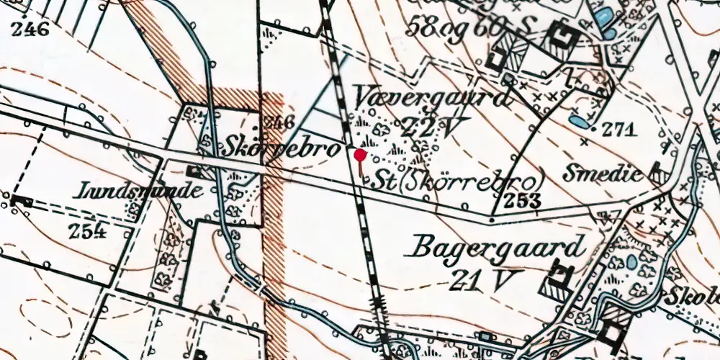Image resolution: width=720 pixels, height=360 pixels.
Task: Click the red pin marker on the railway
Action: point(359,154)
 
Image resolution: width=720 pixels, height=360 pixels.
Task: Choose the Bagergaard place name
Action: point(497,248)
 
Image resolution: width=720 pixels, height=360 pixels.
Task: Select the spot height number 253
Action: point(523,201)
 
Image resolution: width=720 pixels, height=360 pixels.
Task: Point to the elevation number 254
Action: point(88,231)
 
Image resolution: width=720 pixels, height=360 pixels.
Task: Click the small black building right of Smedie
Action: point(657,173)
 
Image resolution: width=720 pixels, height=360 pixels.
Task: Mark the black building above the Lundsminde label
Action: point(192,171)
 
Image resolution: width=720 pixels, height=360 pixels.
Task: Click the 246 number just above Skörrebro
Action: point(276,121)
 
